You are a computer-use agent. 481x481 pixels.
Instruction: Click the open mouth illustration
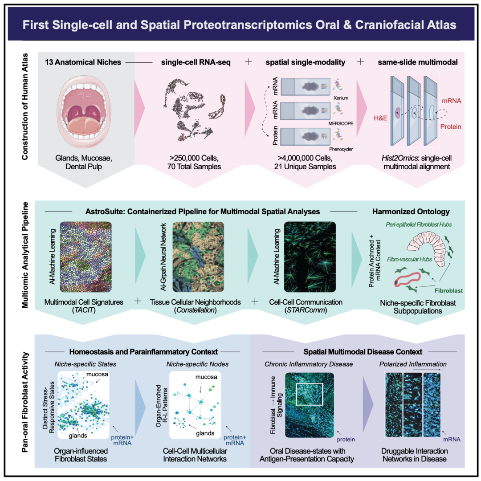pyautogui.click(x=84, y=112)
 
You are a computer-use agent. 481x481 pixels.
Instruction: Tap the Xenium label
pyautogui.click(x=341, y=98)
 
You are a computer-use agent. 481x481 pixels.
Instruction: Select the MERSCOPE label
pyautogui.click(x=341, y=123)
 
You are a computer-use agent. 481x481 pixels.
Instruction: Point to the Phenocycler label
pyautogui.click(x=341, y=149)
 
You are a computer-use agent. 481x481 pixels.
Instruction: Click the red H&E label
pyautogui.click(x=380, y=118)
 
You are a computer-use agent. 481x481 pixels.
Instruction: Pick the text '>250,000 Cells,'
pyautogui.click(x=194, y=158)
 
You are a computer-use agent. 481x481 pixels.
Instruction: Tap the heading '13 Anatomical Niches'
pyautogui.click(x=83, y=62)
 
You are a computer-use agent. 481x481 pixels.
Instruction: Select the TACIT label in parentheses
pyautogui.click(x=84, y=310)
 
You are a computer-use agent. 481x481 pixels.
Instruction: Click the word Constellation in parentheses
pyautogui.click(x=196, y=310)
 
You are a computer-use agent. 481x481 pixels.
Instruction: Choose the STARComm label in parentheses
pyautogui.click(x=306, y=310)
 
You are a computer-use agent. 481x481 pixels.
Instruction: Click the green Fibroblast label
pyautogui.click(x=448, y=290)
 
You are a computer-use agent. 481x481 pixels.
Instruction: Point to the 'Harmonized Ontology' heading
pyautogui.click(x=411, y=212)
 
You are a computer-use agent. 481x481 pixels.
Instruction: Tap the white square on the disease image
pyautogui.click(x=310, y=394)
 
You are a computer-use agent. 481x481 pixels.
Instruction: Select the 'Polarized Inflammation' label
pyautogui.click(x=413, y=364)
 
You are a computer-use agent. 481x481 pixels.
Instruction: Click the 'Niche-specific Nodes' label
pyautogui.click(x=197, y=364)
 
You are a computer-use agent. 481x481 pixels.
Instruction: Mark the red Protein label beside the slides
pyautogui.click(x=451, y=126)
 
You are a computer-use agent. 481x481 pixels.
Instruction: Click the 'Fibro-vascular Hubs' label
pyautogui.click(x=409, y=259)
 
